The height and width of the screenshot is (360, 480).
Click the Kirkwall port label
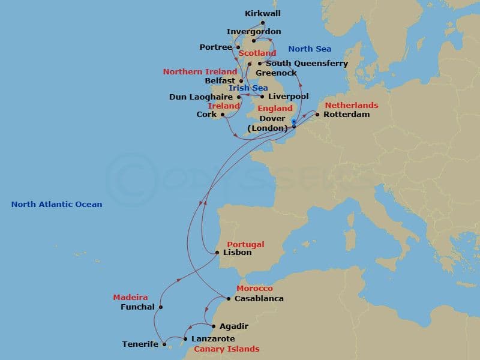click(x=263, y=13)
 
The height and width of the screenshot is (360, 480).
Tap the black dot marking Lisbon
click(x=217, y=253)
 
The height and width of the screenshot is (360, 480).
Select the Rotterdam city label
click(x=346, y=114)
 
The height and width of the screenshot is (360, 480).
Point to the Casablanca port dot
click(x=229, y=299)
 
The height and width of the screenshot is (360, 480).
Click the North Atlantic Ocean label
click(x=56, y=205)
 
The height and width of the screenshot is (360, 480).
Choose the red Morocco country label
click(x=254, y=289)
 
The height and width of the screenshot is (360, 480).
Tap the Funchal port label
click(x=137, y=307)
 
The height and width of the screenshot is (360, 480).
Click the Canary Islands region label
click(x=226, y=349)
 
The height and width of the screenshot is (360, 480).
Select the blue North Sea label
click(x=310, y=49)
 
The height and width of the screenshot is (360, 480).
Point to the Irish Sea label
click(x=248, y=88)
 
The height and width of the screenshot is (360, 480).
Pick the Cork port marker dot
click(x=222, y=115)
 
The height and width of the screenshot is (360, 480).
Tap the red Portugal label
click(x=245, y=245)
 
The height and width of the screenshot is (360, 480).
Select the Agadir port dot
click(x=214, y=326)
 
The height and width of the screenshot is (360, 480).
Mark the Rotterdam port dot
click(x=317, y=114)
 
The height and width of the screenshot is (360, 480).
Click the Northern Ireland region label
click(x=200, y=72)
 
